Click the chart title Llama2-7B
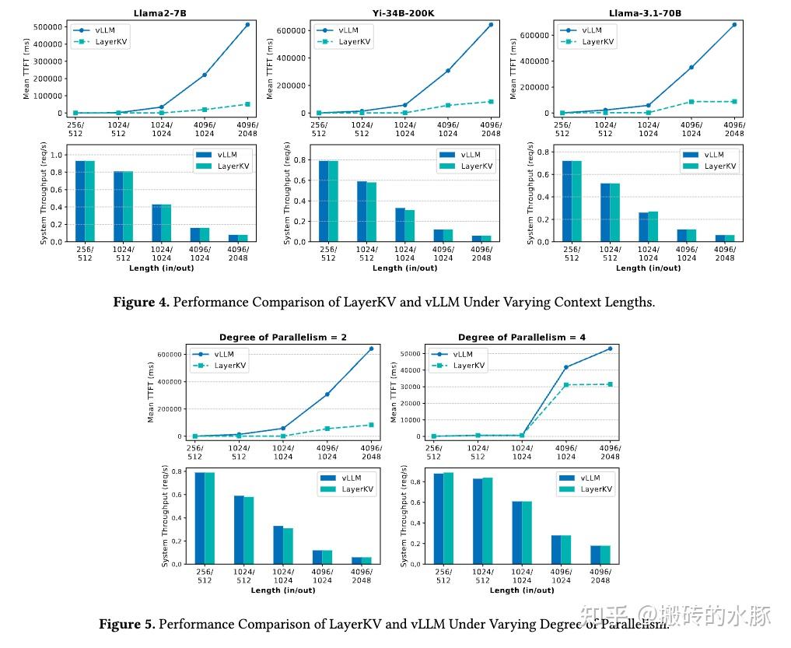tap(161, 14)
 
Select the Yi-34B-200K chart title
tap(404, 14)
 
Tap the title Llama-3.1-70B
tap(648, 14)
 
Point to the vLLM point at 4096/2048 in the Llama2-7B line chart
tap(247, 25)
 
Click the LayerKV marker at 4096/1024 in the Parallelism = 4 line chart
tap(567, 385)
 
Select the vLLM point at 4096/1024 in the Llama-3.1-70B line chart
tap(691, 68)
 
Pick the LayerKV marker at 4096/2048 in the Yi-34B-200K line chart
tap(491, 101)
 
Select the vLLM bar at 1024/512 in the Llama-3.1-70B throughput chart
tap(605, 212)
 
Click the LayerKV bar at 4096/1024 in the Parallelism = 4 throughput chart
tap(565, 549)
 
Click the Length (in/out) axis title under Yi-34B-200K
tap(404, 268)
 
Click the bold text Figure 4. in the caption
tap(141, 303)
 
